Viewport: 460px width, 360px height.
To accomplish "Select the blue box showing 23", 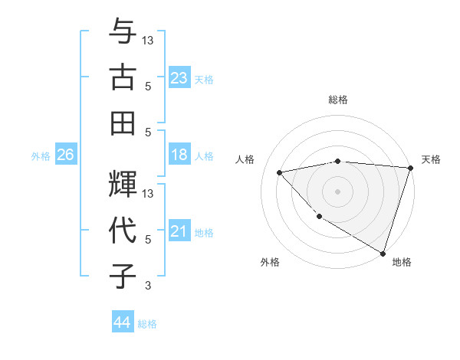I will click(x=179, y=77).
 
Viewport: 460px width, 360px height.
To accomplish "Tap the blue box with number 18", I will click(x=179, y=155).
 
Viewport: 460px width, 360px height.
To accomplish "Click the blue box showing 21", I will click(x=179, y=231).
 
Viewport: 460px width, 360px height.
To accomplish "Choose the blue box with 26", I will click(x=65, y=155).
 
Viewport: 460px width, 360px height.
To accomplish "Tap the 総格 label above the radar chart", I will click(x=337, y=100).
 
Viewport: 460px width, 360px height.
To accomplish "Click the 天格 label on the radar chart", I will click(x=431, y=159).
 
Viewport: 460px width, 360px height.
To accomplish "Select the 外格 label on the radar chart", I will click(x=270, y=262).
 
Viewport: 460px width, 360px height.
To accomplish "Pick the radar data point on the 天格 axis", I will click(x=410, y=167).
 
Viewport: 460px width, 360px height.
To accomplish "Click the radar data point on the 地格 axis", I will click(x=383, y=253).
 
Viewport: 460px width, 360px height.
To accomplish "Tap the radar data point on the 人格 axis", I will click(x=280, y=172).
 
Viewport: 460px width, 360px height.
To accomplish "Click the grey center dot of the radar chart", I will click(x=337, y=191).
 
